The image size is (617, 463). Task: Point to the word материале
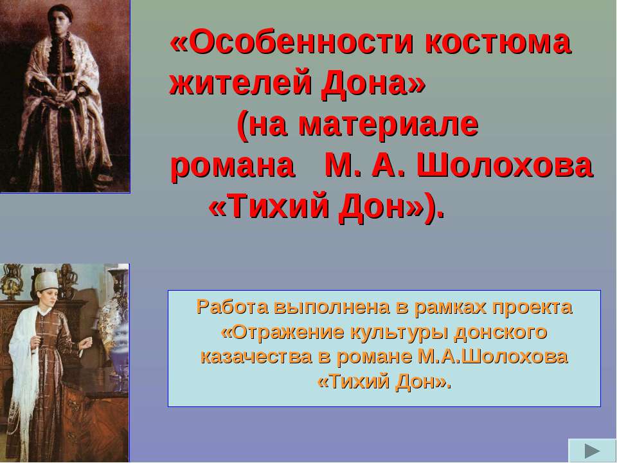point(388,125)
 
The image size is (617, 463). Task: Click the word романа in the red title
point(232,166)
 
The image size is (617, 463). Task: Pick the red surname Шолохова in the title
point(505,165)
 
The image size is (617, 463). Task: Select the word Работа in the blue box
point(231,307)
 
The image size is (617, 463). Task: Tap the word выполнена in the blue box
point(332,308)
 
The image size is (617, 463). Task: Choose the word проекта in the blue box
point(530,308)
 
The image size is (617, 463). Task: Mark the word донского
point(501,332)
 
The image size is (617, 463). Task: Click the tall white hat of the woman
point(46,281)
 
